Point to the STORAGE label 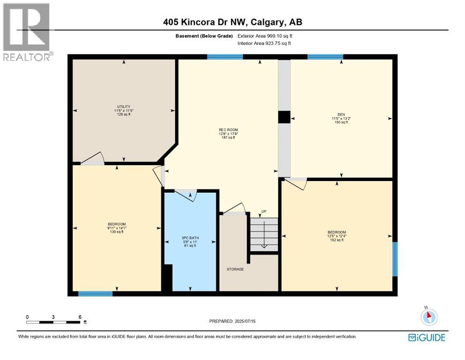pos(235,269)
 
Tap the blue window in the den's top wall pos(325,57)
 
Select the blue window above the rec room pos(225,57)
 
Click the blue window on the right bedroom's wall pos(395,259)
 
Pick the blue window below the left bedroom pos(96,294)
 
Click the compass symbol pos(428,317)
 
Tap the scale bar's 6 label pos(80,317)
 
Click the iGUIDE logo pos(427,337)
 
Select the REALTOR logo pos(26,32)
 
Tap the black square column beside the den pos(284,117)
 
